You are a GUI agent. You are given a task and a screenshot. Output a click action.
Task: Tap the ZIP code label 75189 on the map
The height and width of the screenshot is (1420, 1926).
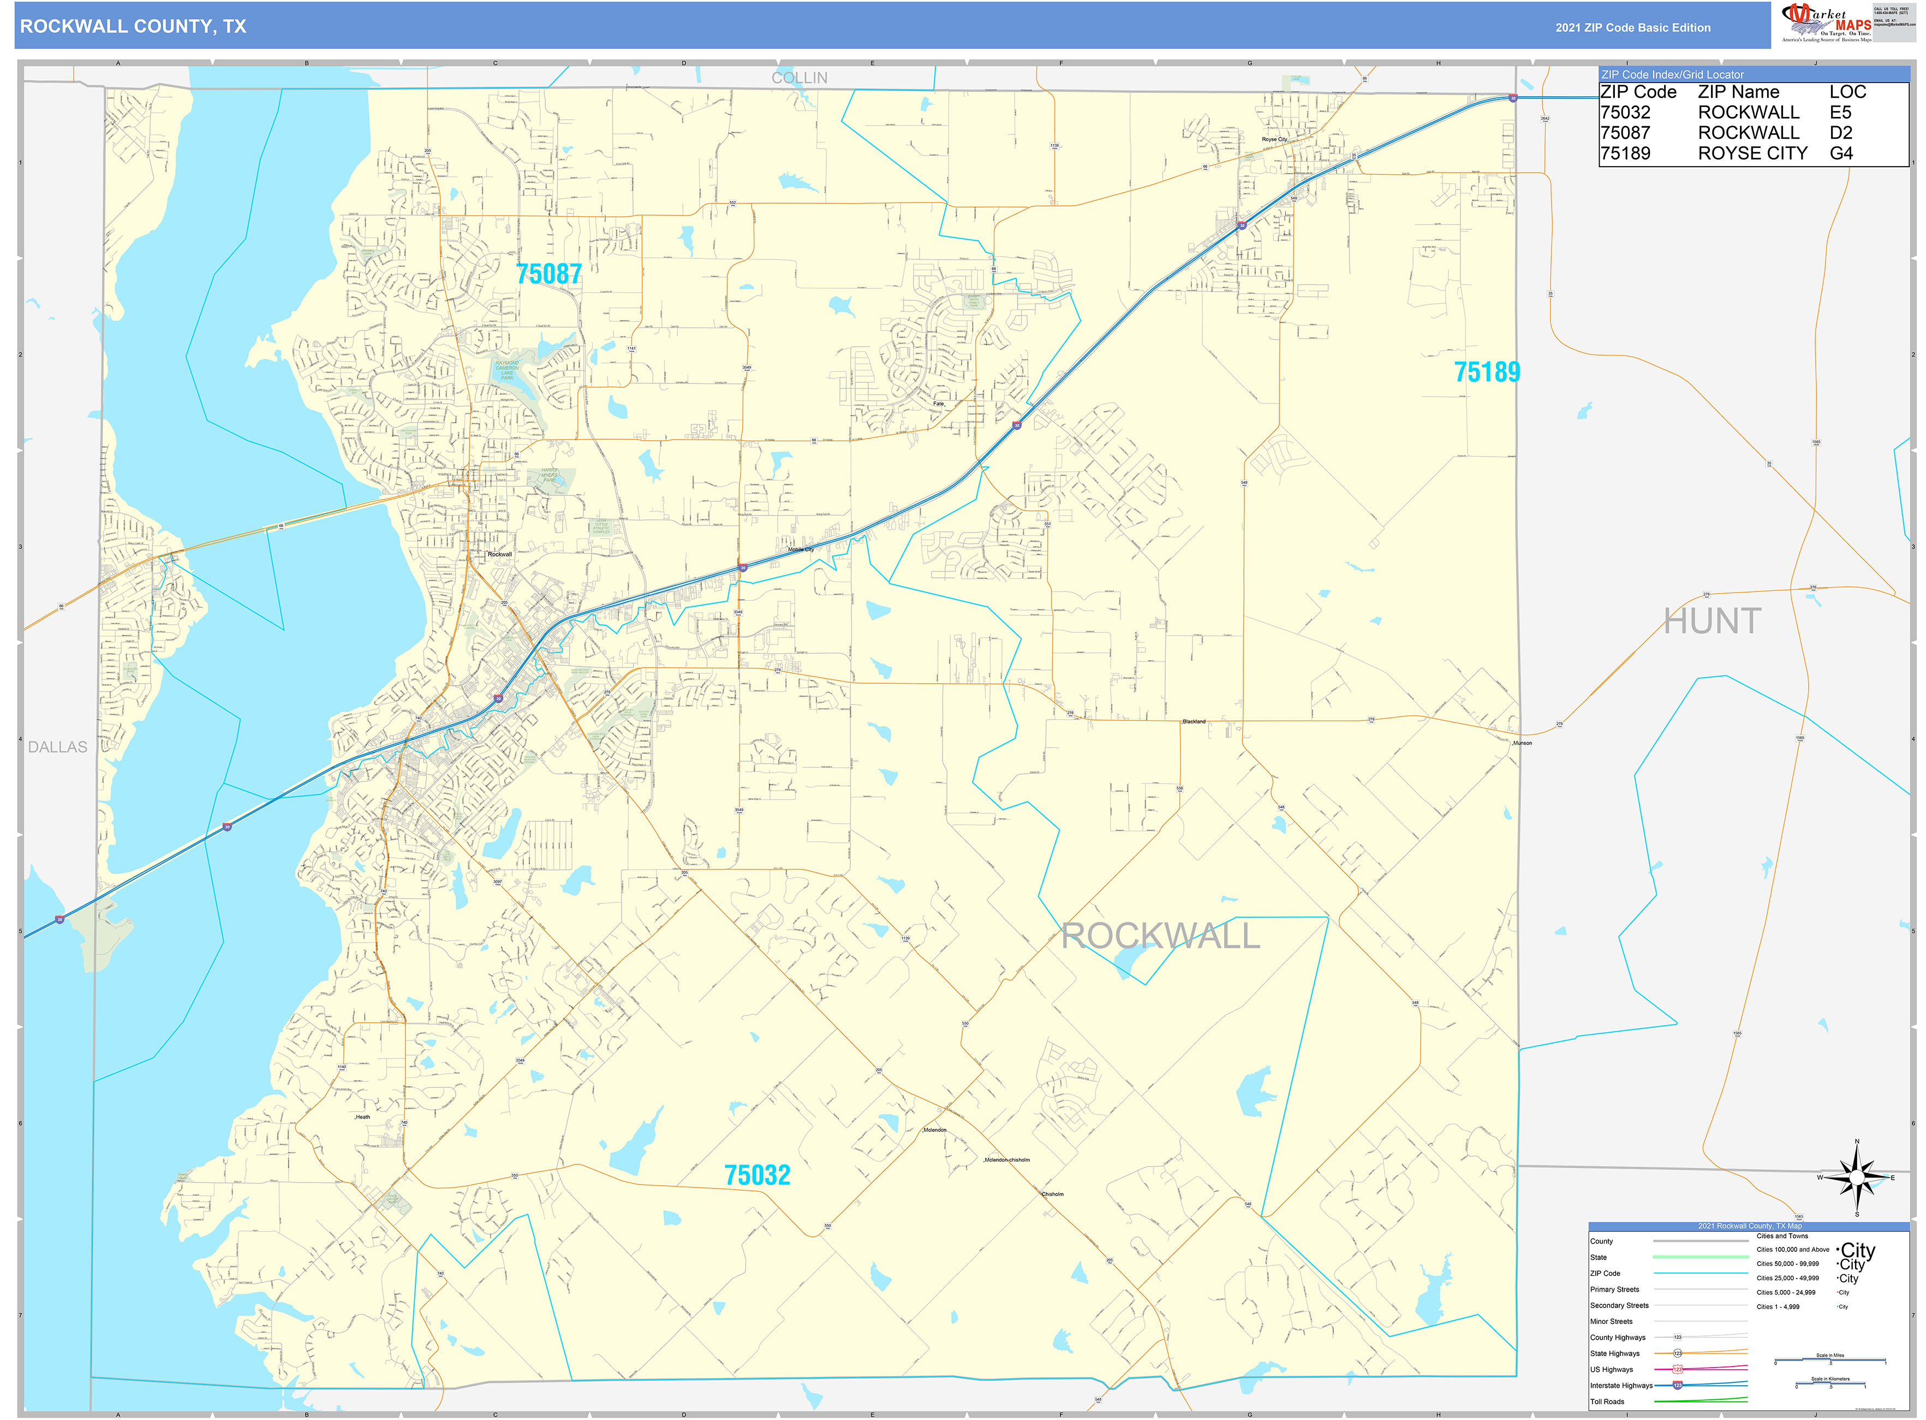pyautogui.click(x=1486, y=372)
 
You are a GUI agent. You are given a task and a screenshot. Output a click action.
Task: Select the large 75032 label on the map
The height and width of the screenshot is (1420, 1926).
pyautogui.click(x=757, y=1175)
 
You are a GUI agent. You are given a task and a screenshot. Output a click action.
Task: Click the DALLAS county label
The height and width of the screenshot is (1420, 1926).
pyautogui.click(x=57, y=747)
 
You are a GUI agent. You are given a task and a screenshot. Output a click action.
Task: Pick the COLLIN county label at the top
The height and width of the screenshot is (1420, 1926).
pyautogui.click(x=799, y=78)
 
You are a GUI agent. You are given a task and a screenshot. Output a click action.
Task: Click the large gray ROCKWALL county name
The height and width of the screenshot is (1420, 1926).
pyautogui.click(x=1161, y=936)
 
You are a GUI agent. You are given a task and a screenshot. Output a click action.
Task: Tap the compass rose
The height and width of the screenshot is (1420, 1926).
pyautogui.click(x=1857, y=1177)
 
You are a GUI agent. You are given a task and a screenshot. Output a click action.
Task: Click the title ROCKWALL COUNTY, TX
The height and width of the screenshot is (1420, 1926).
pyautogui.click(x=133, y=27)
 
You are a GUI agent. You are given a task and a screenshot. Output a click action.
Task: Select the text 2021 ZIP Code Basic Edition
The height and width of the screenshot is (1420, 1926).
pyautogui.click(x=1632, y=27)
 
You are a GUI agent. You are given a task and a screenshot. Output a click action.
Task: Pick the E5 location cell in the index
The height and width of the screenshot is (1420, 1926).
pyautogui.click(x=1840, y=113)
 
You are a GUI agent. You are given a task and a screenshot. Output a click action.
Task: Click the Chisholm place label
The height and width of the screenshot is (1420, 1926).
pyautogui.click(x=1052, y=1194)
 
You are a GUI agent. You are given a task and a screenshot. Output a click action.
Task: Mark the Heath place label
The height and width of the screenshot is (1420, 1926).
pyautogui.click(x=362, y=1117)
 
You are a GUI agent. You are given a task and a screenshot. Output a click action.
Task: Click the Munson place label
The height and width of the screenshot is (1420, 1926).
pyautogui.click(x=1522, y=743)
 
